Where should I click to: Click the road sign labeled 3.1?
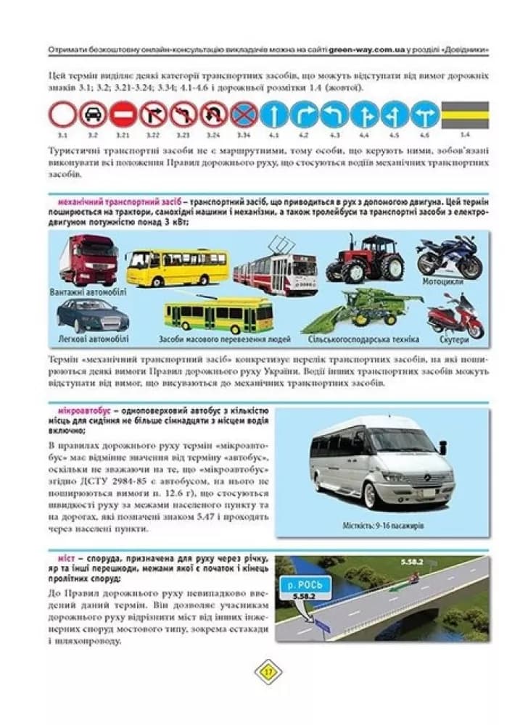point(62,115)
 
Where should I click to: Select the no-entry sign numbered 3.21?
point(123,115)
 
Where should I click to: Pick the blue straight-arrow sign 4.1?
point(274,115)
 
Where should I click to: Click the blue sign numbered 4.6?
point(425,115)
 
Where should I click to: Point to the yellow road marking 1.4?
point(465,115)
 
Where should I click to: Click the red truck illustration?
point(88,260)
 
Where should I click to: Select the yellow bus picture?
point(177,268)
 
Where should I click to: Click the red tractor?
point(365,258)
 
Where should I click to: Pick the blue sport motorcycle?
point(449,254)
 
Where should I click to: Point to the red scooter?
point(455,317)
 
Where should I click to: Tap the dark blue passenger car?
point(93,315)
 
